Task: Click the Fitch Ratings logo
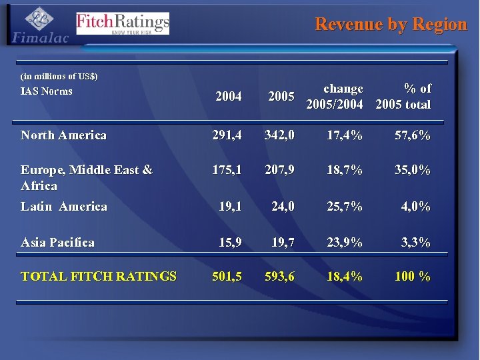click(123, 23)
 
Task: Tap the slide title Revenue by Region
click(391, 25)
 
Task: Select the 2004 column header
click(229, 97)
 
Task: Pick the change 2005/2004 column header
click(335, 97)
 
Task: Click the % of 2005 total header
click(403, 97)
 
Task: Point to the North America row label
click(63, 135)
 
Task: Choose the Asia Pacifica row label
click(57, 242)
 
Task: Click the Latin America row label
click(63, 207)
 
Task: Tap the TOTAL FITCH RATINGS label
click(99, 276)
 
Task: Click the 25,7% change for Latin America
click(345, 207)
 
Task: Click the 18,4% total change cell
click(345, 276)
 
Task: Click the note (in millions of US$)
click(59, 77)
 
